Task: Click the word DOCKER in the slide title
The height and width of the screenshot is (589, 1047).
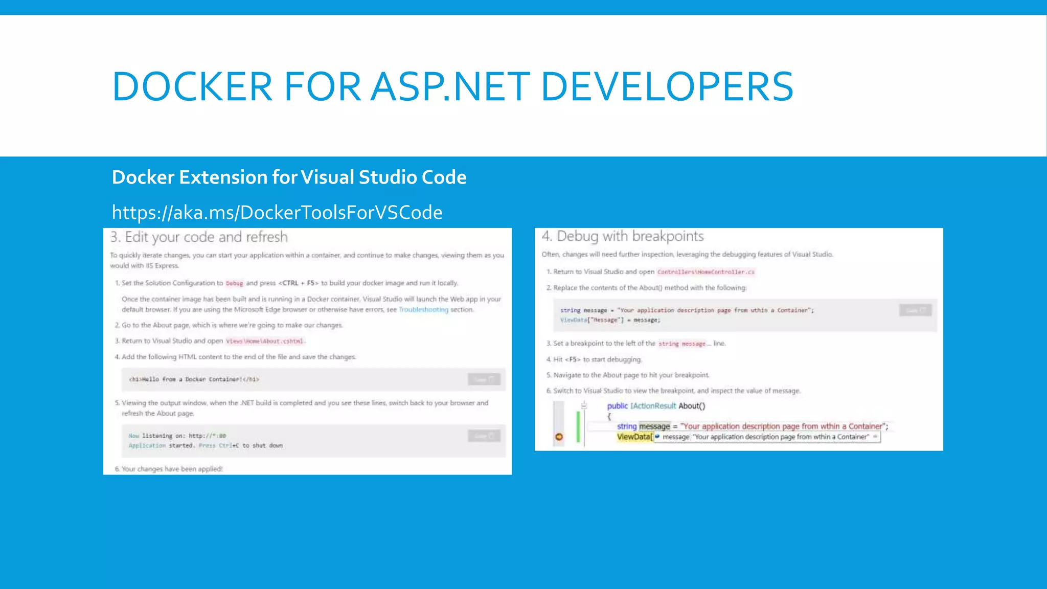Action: point(192,87)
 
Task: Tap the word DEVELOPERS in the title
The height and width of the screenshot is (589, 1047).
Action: point(667,87)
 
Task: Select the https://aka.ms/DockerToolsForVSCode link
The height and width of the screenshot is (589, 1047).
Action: point(277,212)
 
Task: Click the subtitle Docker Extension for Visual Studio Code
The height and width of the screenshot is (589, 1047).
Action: point(289,177)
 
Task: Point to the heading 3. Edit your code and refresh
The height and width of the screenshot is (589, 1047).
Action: point(199,237)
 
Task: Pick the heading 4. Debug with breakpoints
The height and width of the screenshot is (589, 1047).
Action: point(623,236)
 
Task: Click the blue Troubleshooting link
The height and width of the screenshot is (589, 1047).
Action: point(423,310)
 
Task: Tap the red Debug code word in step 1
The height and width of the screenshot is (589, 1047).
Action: point(235,283)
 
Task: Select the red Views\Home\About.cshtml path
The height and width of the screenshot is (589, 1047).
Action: point(265,341)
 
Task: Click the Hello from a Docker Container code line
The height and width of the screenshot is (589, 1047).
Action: point(194,379)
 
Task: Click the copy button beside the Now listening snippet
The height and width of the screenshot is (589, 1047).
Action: point(484,436)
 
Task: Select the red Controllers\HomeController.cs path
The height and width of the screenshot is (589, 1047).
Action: point(705,272)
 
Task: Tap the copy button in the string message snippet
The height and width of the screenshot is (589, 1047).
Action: point(915,310)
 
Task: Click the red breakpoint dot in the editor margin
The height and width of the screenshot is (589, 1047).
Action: point(559,437)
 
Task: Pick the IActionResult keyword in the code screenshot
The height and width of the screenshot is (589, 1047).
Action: point(653,406)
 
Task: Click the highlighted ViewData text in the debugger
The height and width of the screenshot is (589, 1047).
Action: point(634,437)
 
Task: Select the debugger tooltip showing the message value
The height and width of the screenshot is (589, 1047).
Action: point(767,437)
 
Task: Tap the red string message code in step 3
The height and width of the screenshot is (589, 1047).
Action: point(682,344)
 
